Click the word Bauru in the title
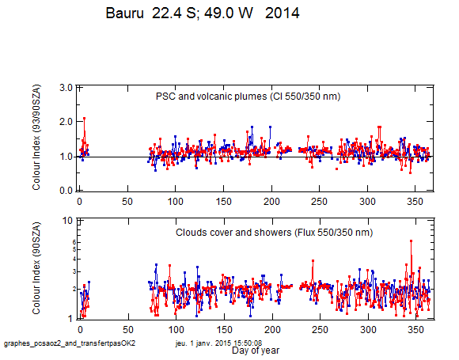tap(125, 13)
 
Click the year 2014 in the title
tap(283, 13)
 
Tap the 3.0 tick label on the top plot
tap(66, 88)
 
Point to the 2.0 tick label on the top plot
tap(66, 122)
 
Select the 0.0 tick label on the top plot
tap(66, 191)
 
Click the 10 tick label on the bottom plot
tap(67, 221)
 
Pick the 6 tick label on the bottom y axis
tap(74, 242)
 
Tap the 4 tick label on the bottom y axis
tap(74, 259)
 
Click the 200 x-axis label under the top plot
tap(271, 202)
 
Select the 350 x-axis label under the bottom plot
tap(415, 330)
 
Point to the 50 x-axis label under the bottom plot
tap(128, 330)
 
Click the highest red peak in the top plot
tap(85, 118)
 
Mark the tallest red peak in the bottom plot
tap(411, 241)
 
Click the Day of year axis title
tap(256, 351)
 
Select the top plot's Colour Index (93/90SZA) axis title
tap(36, 138)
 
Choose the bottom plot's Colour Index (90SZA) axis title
tap(36, 268)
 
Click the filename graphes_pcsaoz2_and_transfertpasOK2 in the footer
tap(70, 343)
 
